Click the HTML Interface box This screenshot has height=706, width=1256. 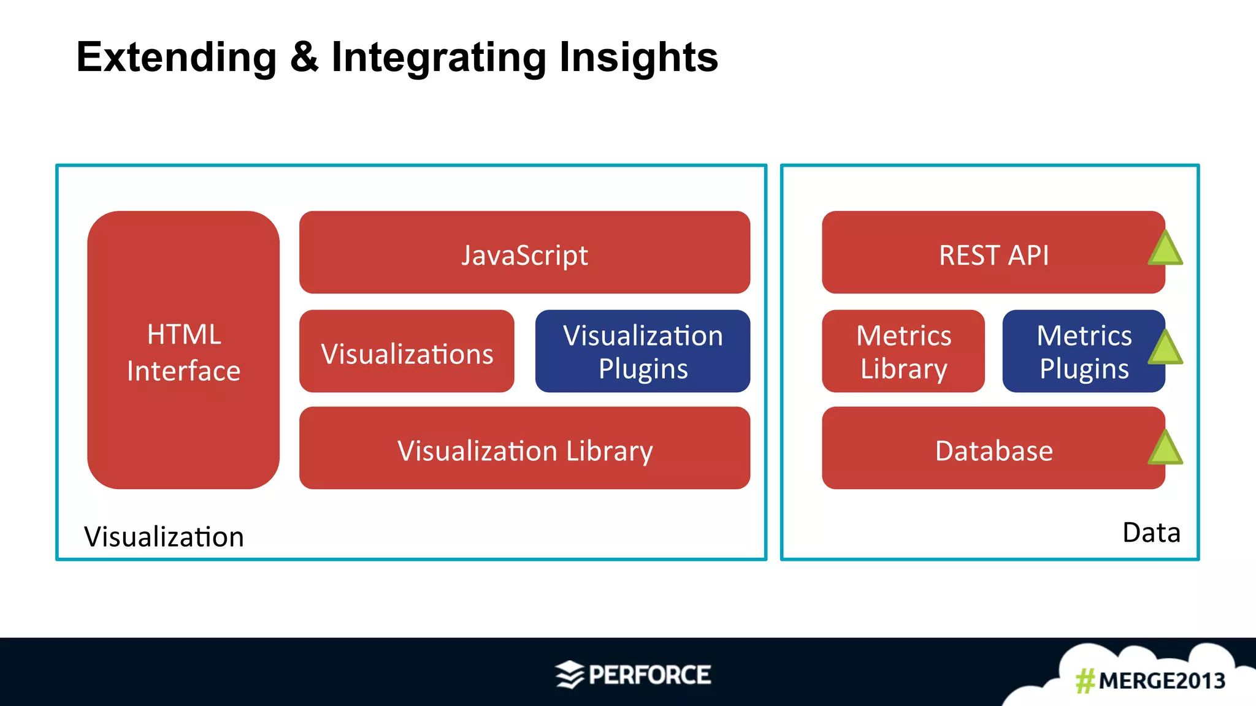point(183,350)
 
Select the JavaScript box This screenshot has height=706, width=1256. point(524,252)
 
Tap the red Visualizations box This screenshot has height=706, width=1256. point(407,352)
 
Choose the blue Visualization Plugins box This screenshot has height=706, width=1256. point(642,352)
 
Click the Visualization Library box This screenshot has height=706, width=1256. point(524,449)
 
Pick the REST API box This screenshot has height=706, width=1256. point(993,252)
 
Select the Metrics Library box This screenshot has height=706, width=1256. point(903,352)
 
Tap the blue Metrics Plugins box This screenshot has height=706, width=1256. point(1082,352)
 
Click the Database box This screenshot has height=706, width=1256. point(993,449)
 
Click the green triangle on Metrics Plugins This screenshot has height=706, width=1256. point(1165,349)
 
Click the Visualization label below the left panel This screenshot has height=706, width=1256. point(164,537)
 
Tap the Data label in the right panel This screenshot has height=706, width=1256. point(1151,533)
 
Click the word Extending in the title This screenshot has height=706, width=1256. point(177,57)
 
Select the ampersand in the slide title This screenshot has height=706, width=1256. point(304,57)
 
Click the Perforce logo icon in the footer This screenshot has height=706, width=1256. point(569,675)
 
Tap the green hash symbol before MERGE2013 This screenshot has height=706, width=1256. point(1085,681)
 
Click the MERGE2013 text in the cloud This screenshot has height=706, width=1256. point(1162,681)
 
